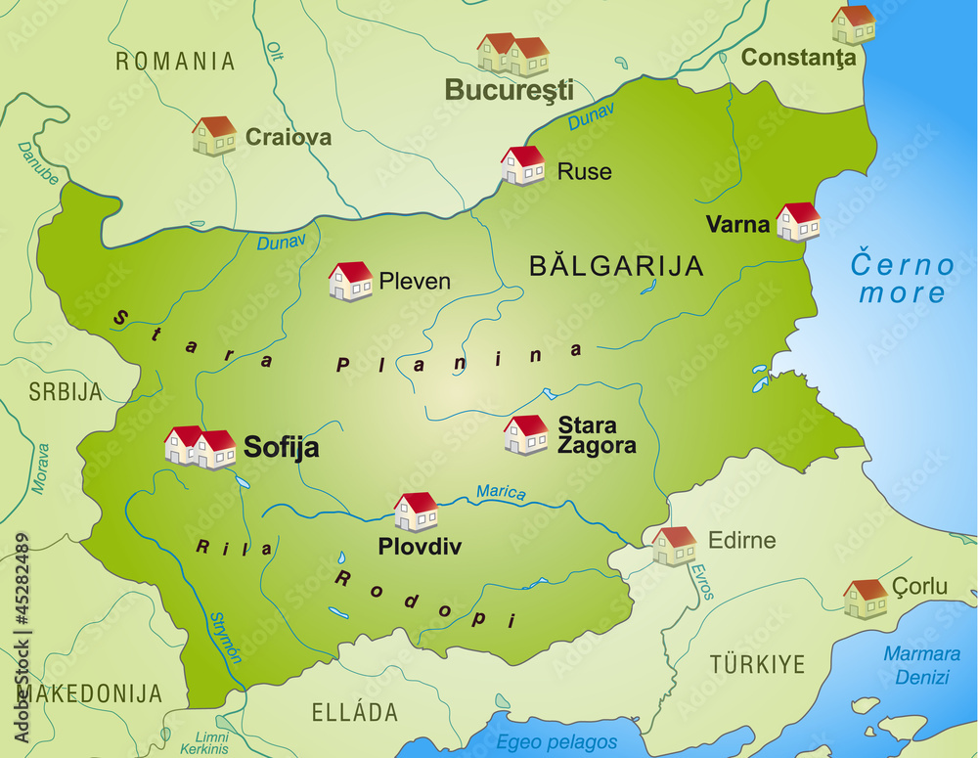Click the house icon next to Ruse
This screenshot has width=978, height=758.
[522, 165]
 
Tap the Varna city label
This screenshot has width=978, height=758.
[737, 224]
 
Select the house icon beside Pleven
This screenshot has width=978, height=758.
[350, 281]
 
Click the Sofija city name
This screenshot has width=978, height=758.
[281, 448]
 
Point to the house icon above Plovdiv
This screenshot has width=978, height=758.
[416, 512]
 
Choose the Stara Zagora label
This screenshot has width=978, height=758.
[596, 435]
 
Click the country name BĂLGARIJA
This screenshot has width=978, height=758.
[615, 265]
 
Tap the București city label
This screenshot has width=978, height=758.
[509, 90]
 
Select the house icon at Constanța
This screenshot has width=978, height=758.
[853, 24]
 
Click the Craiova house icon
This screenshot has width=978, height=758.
[214, 136]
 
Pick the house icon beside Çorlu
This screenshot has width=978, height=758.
[865, 599]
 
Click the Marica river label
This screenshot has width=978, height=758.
[501, 493]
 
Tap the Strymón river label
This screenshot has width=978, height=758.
[226, 638]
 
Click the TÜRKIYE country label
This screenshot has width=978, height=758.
[757, 665]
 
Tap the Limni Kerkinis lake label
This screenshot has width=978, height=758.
[211, 740]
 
